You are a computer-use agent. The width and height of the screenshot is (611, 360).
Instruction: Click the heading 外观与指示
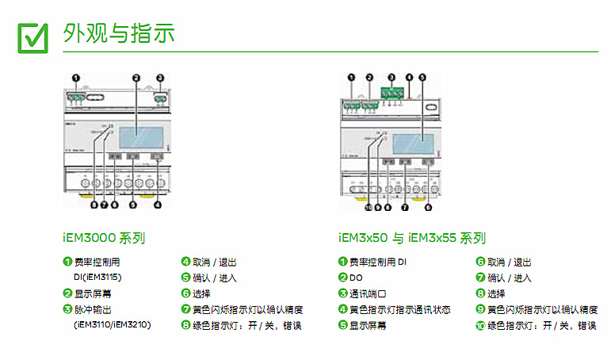click(118, 33)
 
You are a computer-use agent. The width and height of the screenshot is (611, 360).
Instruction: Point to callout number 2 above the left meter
click(136, 78)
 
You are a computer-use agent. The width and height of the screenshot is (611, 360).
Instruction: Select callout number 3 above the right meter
click(391, 78)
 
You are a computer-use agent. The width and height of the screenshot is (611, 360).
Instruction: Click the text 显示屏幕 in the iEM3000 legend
click(90, 293)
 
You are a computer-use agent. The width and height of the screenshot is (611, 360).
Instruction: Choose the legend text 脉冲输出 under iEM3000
click(90, 309)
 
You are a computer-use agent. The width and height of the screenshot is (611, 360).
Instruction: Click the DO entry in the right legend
click(356, 278)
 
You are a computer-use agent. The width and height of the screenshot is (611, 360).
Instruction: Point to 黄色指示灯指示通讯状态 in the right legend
click(399, 309)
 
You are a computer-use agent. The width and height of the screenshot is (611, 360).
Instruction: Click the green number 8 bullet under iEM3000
click(185, 325)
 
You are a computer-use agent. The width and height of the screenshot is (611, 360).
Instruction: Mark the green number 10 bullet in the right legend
click(480, 325)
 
